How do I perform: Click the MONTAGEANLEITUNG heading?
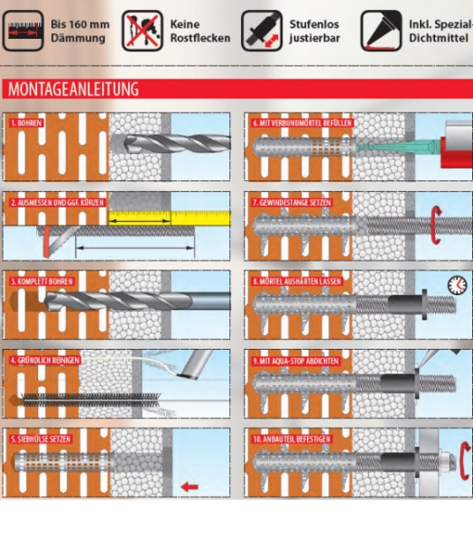(x=73, y=89)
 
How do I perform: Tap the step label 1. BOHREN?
(x=26, y=124)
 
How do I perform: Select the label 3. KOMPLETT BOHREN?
(x=42, y=281)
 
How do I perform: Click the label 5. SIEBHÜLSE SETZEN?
(x=41, y=439)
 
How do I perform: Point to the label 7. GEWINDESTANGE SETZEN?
(x=292, y=203)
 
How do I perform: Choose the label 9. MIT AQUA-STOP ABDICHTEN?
(x=296, y=361)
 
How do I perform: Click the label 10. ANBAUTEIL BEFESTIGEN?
(x=292, y=439)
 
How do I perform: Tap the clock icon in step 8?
(x=457, y=285)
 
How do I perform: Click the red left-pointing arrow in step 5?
(x=190, y=487)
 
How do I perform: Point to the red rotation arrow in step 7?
(x=437, y=225)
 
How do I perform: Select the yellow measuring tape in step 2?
(x=170, y=218)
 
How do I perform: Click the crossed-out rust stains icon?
(x=142, y=31)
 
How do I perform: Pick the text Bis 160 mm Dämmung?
(x=79, y=31)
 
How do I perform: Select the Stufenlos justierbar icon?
(x=262, y=31)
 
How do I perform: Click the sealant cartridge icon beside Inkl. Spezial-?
(x=381, y=31)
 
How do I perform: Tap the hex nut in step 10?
(x=445, y=463)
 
